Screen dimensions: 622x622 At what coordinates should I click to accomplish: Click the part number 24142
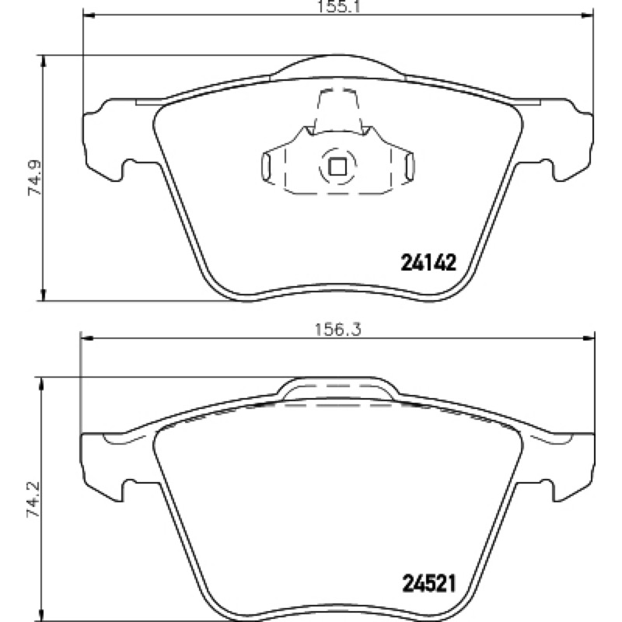[428, 263]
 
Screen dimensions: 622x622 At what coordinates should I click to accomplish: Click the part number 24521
[429, 584]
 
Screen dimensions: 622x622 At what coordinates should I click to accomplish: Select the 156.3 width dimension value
[338, 329]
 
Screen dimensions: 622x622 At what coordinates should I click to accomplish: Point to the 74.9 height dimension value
[34, 178]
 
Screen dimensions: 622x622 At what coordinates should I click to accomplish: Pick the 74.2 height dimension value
[33, 499]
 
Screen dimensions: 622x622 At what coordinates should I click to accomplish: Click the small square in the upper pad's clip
[338, 166]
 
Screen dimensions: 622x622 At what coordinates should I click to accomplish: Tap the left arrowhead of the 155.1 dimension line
[89, 16]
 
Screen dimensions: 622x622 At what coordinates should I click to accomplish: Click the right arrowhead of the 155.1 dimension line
[588, 16]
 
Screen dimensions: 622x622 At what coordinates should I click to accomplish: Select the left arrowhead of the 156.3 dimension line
[86, 338]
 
